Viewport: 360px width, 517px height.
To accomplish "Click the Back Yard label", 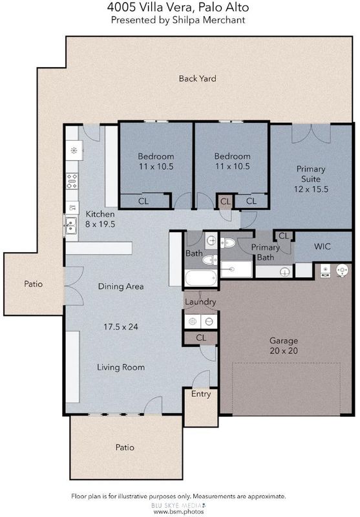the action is pos(198,78).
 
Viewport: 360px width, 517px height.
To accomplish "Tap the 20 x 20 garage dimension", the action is pos(284,350).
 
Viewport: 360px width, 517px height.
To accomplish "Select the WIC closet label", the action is pos(322,246).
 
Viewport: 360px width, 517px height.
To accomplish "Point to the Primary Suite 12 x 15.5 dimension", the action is pos(311,189).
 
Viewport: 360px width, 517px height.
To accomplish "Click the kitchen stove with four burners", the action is pos(72,181).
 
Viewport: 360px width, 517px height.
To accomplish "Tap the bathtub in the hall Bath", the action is pos(201,278).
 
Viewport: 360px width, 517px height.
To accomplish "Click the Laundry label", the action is pos(200,302).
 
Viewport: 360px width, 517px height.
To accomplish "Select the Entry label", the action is pos(201,394).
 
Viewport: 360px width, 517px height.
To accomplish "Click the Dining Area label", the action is pos(121,286).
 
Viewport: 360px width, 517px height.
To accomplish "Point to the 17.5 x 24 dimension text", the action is pos(121,327).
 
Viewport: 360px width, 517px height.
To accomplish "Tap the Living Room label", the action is pos(121,367).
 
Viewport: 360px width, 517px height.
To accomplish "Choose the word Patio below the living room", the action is pos(125,447).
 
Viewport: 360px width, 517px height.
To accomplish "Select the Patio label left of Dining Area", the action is pos(34,284).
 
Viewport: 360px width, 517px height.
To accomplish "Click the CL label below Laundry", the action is pos(201,338).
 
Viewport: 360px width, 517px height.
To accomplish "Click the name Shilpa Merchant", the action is pos(209,20).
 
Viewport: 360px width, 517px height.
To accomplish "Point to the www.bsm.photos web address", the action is pos(178,512).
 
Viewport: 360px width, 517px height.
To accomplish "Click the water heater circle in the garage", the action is pos(342,270).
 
